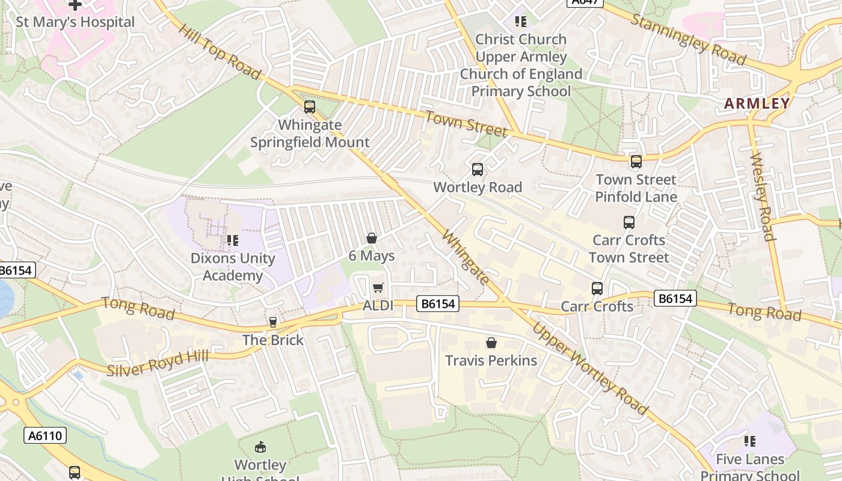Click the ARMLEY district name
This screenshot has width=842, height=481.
(x=757, y=103)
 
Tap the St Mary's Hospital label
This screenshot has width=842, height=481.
(x=75, y=22)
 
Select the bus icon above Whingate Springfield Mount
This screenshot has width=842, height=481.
(x=310, y=107)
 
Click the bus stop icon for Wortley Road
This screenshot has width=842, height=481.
(x=478, y=170)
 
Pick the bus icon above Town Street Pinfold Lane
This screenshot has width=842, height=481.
(x=636, y=161)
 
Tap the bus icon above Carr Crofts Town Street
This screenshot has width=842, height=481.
(x=629, y=222)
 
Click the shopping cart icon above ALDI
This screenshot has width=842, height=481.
(x=378, y=288)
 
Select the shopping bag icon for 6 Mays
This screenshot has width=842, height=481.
(x=372, y=238)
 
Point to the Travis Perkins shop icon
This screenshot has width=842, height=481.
(x=491, y=343)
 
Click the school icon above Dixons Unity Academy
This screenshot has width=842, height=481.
(x=233, y=240)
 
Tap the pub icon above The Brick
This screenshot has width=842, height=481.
(x=273, y=322)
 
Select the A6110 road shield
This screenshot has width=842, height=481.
(x=45, y=435)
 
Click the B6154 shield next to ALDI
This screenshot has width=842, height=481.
(x=438, y=304)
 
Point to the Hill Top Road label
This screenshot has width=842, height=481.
(x=220, y=52)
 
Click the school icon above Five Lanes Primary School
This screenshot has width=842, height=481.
(x=750, y=441)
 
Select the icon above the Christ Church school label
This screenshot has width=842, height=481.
(x=521, y=22)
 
